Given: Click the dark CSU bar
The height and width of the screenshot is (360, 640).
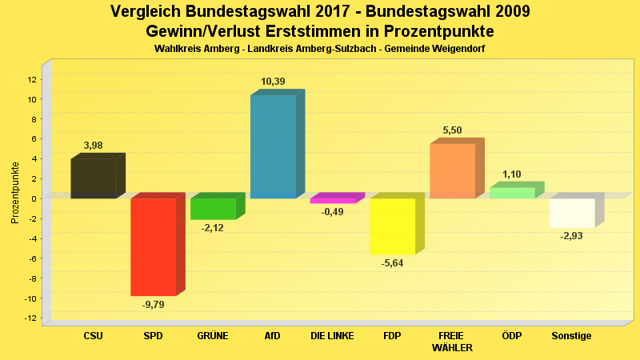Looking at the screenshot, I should click(x=94, y=178).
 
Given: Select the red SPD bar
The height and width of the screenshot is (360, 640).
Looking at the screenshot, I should click(x=153, y=246).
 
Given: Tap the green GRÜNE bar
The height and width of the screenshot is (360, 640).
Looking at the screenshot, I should click(x=213, y=208).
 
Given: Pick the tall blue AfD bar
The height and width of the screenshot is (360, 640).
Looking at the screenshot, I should click(x=273, y=146).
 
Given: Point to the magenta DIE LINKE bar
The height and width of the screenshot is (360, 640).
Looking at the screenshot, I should click(x=333, y=201).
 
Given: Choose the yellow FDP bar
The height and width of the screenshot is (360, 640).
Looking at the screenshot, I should click(x=392, y=226).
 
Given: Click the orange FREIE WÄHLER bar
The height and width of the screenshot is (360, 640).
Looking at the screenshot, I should click(x=452, y=170).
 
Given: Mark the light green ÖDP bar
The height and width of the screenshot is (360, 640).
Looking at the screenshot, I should click(x=512, y=192).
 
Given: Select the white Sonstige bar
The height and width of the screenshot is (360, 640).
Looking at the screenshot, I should click(x=572, y=213).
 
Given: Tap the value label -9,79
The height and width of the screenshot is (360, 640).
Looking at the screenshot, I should click(x=153, y=304).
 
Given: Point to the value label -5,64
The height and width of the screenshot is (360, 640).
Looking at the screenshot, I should click(x=392, y=263).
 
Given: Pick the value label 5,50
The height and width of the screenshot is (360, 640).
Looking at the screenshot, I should click(x=452, y=130).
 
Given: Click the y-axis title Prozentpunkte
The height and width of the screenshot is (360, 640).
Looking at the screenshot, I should click(x=14, y=192).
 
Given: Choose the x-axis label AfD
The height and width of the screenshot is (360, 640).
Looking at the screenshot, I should click(x=273, y=336).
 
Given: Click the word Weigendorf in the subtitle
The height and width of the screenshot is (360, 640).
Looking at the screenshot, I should click(x=458, y=49).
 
